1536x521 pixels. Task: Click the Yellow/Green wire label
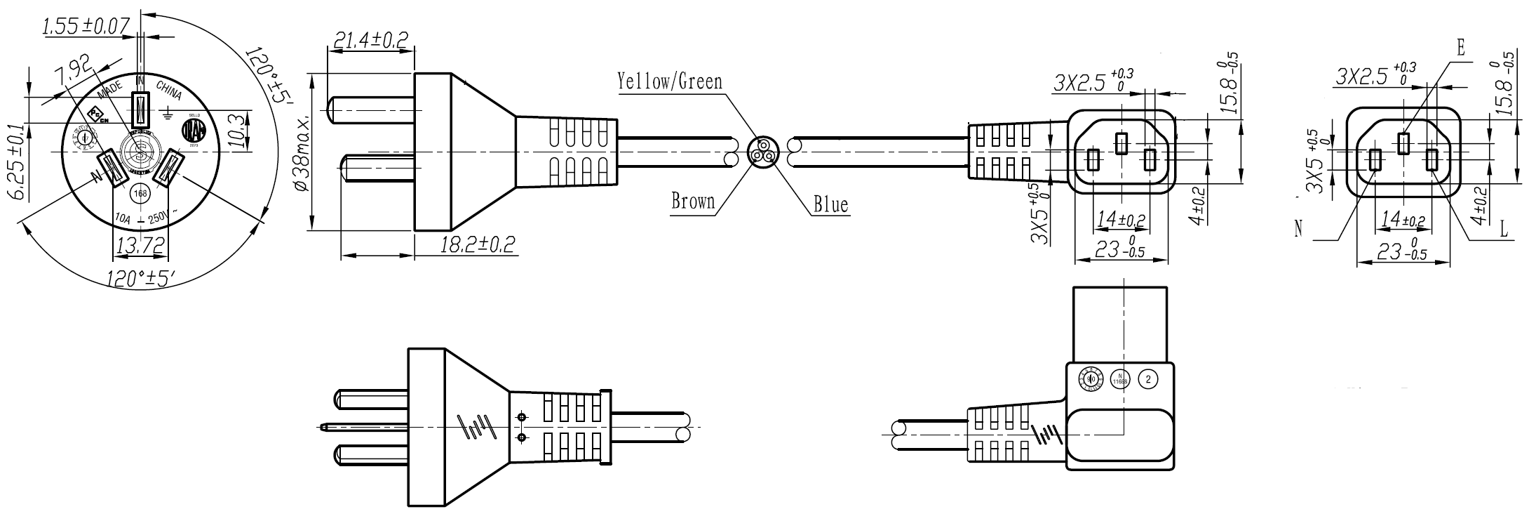(669, 81)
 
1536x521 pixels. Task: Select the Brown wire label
(693, 202)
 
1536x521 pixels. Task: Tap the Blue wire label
(830, 205)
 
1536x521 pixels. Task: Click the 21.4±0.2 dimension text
(370, 40)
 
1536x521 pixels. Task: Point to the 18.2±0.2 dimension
(478, 244)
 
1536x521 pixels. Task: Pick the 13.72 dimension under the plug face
(140, 245)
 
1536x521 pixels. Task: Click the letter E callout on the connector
(1461, 48)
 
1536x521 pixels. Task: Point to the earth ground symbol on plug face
(167, 111)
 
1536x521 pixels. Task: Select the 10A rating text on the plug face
(122, 219)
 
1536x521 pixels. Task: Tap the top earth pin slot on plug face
(141, 110)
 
